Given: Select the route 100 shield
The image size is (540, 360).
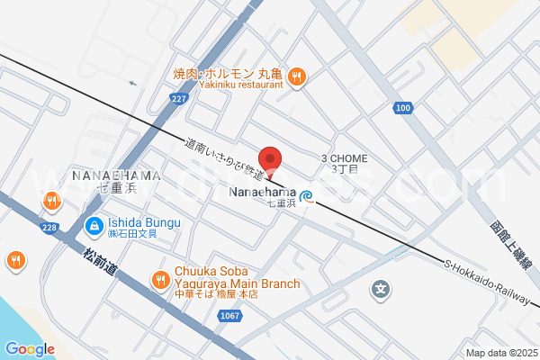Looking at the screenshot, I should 402,109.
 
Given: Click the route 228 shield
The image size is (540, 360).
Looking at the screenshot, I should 49,229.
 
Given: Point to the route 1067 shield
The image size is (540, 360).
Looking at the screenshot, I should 230,315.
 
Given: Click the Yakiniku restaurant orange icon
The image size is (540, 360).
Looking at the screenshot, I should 298,76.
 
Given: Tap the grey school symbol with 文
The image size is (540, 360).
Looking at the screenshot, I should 381,290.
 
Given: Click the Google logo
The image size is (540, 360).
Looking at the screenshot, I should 30,348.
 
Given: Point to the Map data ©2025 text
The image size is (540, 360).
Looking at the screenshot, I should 499,352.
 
